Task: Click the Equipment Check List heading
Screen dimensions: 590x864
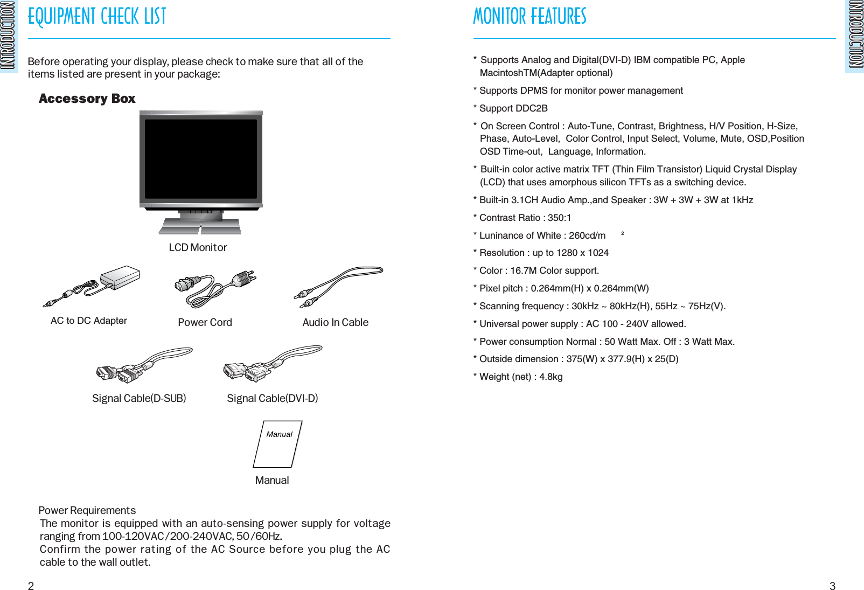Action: [97, 17]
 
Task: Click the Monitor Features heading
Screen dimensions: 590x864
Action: [529, 17]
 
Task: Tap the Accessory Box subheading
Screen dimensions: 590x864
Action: [87, 99]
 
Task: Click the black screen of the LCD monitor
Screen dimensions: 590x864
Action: [200, 159]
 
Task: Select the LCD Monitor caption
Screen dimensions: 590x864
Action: [198, 247]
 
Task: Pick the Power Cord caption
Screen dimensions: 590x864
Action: [205, 322]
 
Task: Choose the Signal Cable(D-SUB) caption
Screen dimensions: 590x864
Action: [139, 398]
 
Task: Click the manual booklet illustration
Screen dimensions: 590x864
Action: [277, 445]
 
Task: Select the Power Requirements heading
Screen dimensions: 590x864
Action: [87, 510]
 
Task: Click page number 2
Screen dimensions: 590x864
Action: [31, 586]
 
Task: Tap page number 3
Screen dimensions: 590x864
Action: [832, 586]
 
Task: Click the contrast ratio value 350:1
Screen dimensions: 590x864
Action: [559, 218]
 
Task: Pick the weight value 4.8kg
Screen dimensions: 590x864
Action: [551, 377]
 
